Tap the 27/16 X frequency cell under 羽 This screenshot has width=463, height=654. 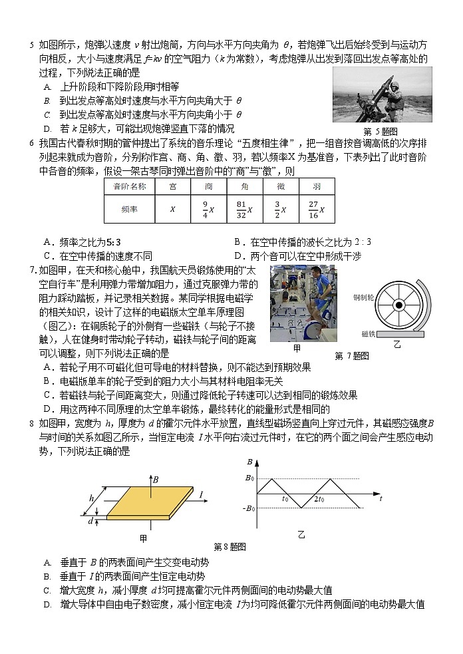coord(315,210)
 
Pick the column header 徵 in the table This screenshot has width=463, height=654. coord(280,187)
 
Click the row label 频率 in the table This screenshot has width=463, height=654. coord(129,210)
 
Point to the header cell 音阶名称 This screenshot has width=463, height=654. coord(129,187)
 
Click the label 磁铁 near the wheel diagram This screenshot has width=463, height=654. coord(369,333)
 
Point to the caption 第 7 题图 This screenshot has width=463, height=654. coord(352,355)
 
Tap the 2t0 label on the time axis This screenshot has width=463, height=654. coord(319,500)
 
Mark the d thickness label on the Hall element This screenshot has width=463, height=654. coord(90,521)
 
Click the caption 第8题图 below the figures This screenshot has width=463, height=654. coord(230,546)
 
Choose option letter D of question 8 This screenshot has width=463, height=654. coord(47,604)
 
